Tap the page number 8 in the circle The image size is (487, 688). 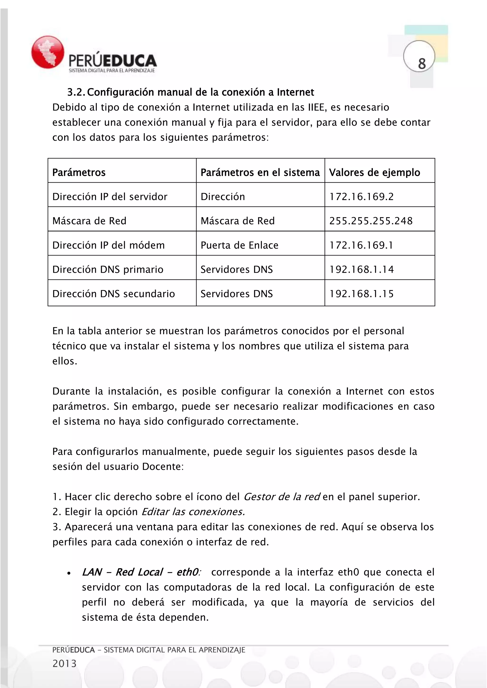point(422,63)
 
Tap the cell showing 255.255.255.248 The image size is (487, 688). point(371,221)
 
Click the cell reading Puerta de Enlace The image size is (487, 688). point(239,245)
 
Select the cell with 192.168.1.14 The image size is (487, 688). point(361,269)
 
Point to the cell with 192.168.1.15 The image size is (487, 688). point(361,294)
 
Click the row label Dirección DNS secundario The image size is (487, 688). point(113,294)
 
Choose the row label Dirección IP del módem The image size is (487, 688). point(108,245)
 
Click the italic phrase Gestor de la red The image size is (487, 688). point(282,497)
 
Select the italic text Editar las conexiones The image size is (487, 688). point(193,512)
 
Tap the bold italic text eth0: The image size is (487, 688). point(188,572)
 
